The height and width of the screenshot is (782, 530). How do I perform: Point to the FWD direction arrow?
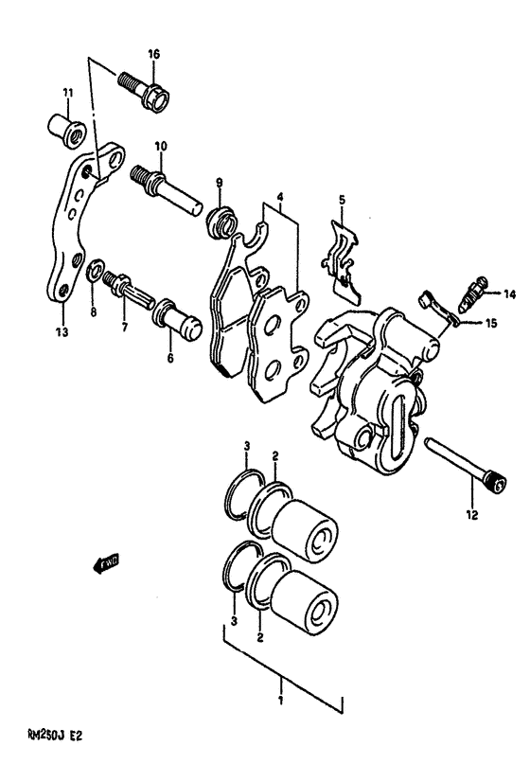(97, 565)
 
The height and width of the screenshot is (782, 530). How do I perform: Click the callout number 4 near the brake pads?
(280, 200)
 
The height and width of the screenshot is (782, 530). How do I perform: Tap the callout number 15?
(490, 324)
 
